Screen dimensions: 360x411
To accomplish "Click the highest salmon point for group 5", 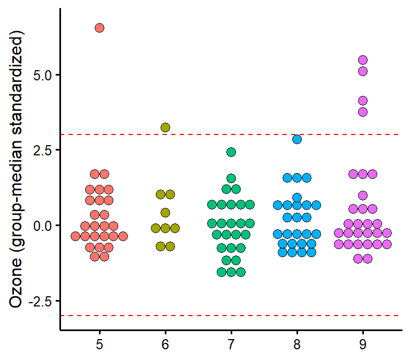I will (x=100, y=28).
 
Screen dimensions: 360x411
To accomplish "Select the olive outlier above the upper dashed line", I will (x=165, y=127).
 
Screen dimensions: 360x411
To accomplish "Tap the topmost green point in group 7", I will (x=231, y=152).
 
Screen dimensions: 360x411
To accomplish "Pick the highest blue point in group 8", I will (x=297, y=139).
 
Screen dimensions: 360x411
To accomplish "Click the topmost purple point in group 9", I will (x=363, y=60).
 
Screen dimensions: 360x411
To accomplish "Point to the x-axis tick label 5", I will (x=100, y=343).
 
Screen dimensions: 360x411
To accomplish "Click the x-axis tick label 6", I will (x=165, y=343).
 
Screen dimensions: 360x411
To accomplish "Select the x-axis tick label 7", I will (x=231, y=343).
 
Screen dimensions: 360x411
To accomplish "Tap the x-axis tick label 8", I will (x=297, y=343).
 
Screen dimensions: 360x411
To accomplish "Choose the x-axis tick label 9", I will (x=363, y=343).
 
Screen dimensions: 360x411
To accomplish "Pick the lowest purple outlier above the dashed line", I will (x=363, y=112).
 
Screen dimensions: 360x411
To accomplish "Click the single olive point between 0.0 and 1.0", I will (x=165, y=213).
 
